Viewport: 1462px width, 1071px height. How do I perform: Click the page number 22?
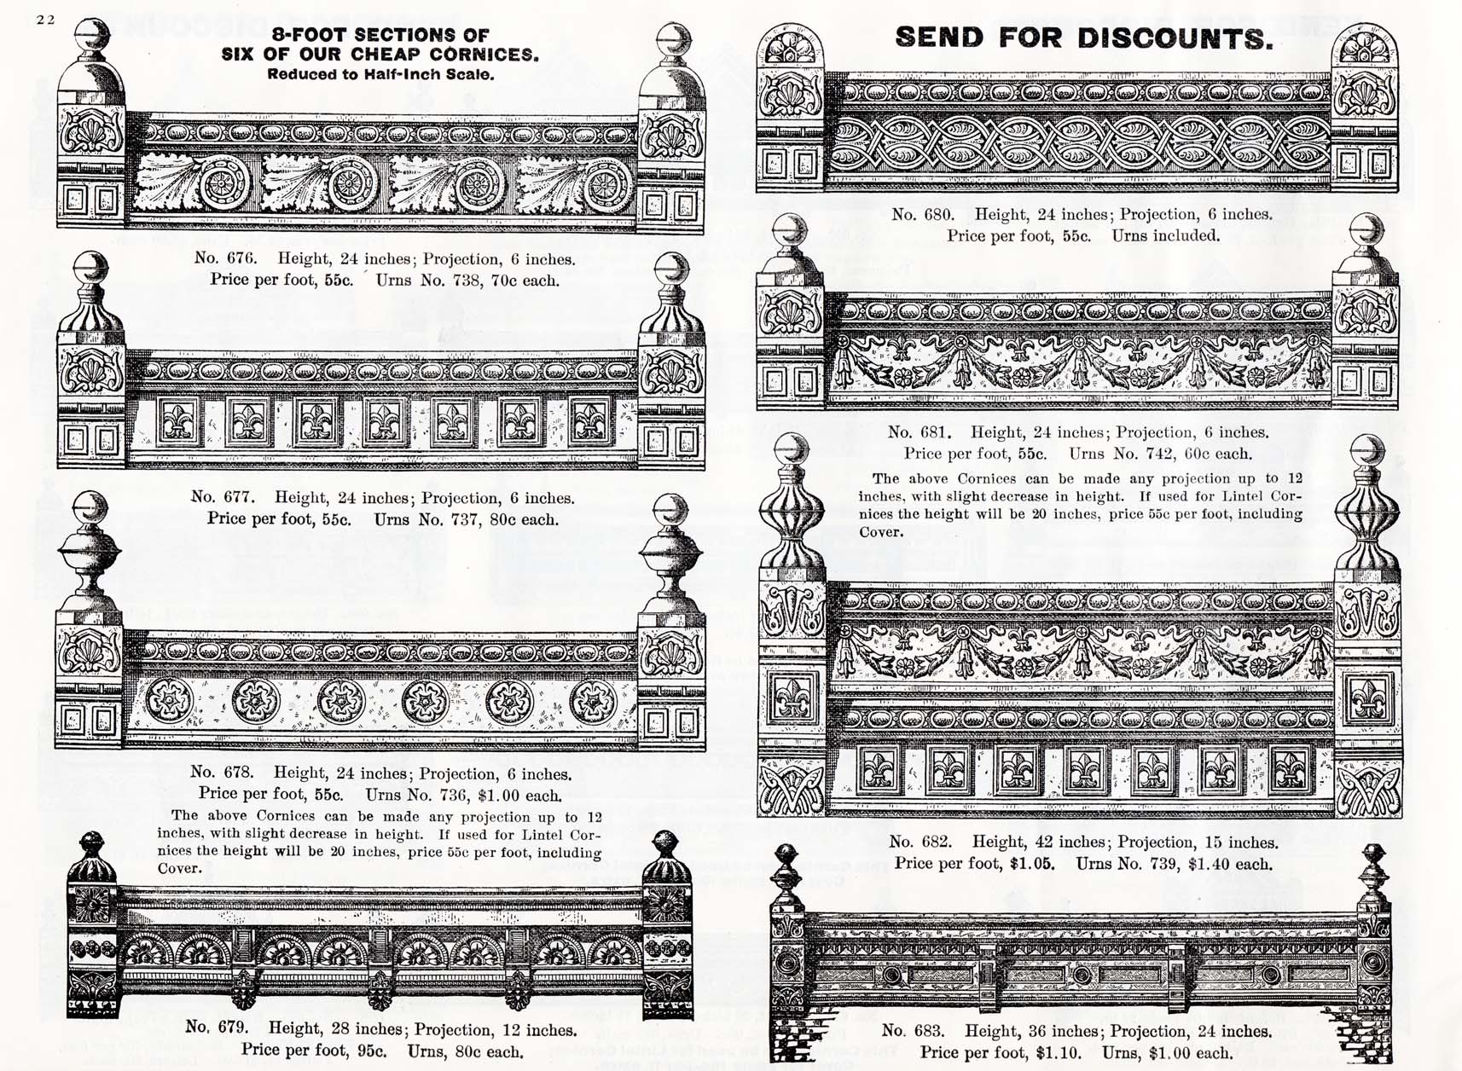tap(46, 20)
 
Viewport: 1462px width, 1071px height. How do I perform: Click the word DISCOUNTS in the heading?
tap(1175, 38)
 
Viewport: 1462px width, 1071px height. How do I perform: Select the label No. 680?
tap(923, 214)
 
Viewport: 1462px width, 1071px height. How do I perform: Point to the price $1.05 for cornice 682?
tap(1032, 864)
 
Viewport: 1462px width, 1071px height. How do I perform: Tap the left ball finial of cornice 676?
tap(91, 36)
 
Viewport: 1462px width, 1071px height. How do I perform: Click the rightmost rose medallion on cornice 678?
tap(594, 703)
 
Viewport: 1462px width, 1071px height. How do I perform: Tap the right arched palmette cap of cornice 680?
tap(1363, 43)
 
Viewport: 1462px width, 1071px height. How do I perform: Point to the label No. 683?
tap(913, 1031)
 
